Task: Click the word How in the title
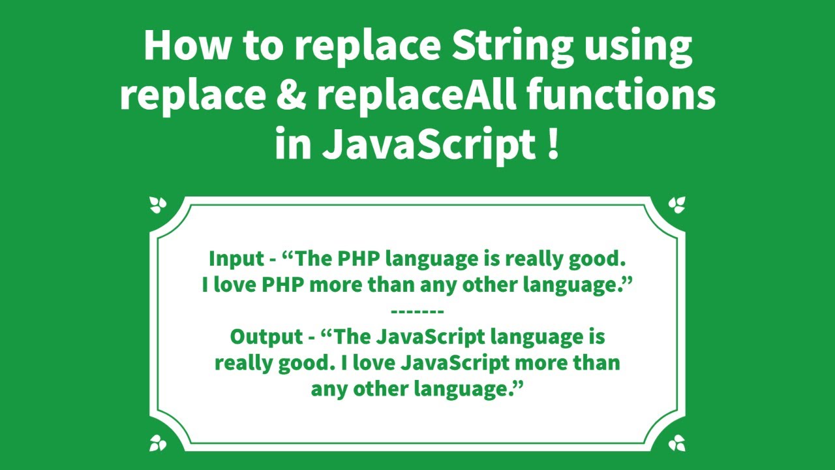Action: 181,46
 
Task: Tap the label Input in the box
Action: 235,259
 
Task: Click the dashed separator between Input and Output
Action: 417,311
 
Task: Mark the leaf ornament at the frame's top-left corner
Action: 158,206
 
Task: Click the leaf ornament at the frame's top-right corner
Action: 676,206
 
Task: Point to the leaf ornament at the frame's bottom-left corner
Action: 158,443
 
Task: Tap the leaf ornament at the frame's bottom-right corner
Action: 676,443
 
